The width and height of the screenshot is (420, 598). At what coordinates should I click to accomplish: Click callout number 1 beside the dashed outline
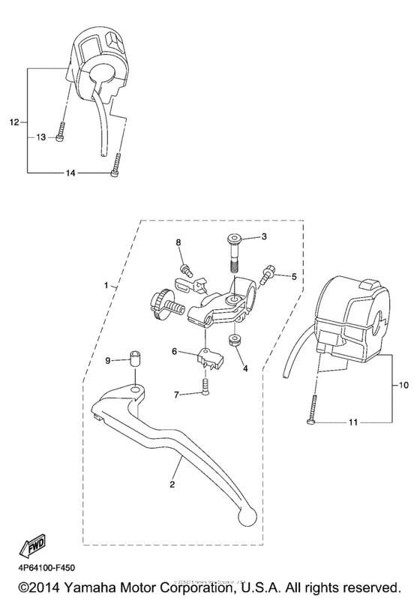(x=106, y=286)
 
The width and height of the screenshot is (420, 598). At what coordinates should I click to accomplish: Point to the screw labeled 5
(x=268, y=275)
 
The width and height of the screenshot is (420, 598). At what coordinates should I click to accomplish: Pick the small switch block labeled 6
(x=206, y=356)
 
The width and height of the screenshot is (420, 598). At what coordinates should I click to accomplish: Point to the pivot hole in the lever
(x=136, y=389)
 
